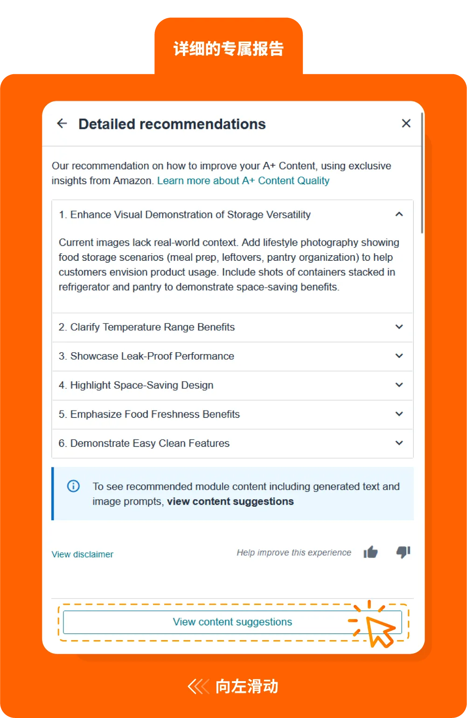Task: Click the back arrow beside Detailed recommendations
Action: pos(62,124)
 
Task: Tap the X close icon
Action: pos(406,123)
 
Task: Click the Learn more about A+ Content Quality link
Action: pos(243,181)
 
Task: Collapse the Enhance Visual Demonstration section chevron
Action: pos(399,215)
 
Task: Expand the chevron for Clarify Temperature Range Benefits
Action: pos(399,327)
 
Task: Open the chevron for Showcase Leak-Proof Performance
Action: pos(399,356)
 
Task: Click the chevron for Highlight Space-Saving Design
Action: pos(399,385)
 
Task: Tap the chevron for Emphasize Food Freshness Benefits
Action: pos(399,414)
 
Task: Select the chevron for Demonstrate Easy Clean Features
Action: pos(399,443)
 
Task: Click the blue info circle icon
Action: pos(73,486)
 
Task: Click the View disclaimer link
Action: pos(83,554)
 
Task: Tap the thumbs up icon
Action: pos(370,552)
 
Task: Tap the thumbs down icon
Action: pos(403,552)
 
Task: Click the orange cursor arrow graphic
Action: pos(379,631)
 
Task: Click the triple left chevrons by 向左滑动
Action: pos(198,687)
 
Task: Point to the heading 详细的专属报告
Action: pos(229,49)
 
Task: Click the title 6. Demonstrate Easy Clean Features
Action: pos(144,443)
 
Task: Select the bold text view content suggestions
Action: pos(230,502)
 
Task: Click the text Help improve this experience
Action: pos(294,553)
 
